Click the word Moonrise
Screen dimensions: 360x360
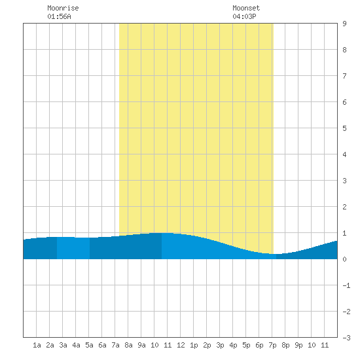[x=63, y=8]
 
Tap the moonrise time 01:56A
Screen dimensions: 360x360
[x=59, y=16]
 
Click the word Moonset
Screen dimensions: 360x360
[x=246, y=8]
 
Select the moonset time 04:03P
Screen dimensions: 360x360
[x=244, y=16]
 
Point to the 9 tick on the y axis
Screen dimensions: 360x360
[x=344, y=24]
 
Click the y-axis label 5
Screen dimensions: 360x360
[x=344, y=128]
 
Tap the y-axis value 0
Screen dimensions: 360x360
[x=344, y=259]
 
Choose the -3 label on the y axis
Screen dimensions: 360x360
[x=346, y=338]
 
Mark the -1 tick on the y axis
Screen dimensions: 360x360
[x=346, y=285]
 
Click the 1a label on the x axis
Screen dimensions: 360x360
[x=37, y=345]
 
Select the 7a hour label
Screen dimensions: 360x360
[x=115, y=345]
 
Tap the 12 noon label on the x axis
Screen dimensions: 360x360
[x=181, y=345]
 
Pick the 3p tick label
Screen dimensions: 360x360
[x=220, y=345]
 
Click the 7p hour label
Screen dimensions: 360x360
[x=272, y=345]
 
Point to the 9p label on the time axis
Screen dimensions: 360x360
[x=298, y=345]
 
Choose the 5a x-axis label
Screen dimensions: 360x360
[x=89, y=345]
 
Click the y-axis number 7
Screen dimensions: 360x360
[x=344, y=76]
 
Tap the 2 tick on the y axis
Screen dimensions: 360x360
[x=344, y=207]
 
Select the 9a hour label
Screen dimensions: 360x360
[x=141, y=345]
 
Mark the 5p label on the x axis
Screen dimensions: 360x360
[x=246, y=345]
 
